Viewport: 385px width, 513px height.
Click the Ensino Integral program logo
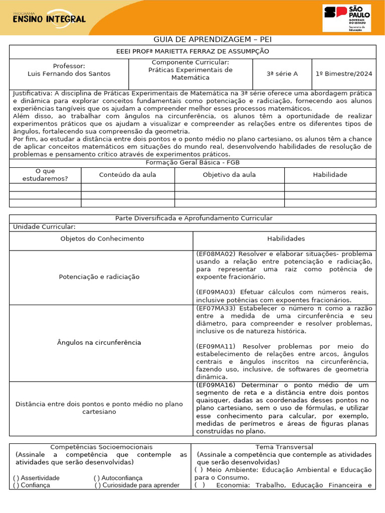pyautogui.click(x=48, y=18)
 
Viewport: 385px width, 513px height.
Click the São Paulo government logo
pyautogui.click(x=347, y=18)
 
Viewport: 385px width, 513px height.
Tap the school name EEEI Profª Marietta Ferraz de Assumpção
pyautogui.click(x=192, y=52)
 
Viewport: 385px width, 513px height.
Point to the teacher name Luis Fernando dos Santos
pyautogui.click(x=69, y=74)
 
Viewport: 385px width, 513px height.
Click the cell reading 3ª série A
pyautogui.click(x=282, y=74)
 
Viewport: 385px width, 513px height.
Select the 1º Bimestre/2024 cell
pyautogui.click(x=344, y=74)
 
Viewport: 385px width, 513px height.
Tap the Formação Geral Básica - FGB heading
pyautogui.click(x=192, y=163)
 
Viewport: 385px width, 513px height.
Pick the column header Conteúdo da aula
pyautogui.click(x=127, y=175)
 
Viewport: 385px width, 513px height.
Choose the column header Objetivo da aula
pyautogui.click(x=229, y=175)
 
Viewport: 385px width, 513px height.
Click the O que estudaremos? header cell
pyautogui.click(x=45, y=175)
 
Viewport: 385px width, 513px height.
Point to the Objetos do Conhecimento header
pyautogui.click(x=102, y=239)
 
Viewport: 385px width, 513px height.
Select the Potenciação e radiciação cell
pyautogui.click(x=99, y=277)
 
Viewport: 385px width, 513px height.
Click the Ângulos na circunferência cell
pyautogui.click(x=99, y=343)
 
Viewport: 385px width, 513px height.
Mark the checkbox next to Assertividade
pyautogui.click(x=17, y=478)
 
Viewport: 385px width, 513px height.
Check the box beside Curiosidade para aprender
pyautogui.click(x=98, y=485)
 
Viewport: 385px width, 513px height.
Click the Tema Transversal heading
pyautogui.click(x=284, y=447)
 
